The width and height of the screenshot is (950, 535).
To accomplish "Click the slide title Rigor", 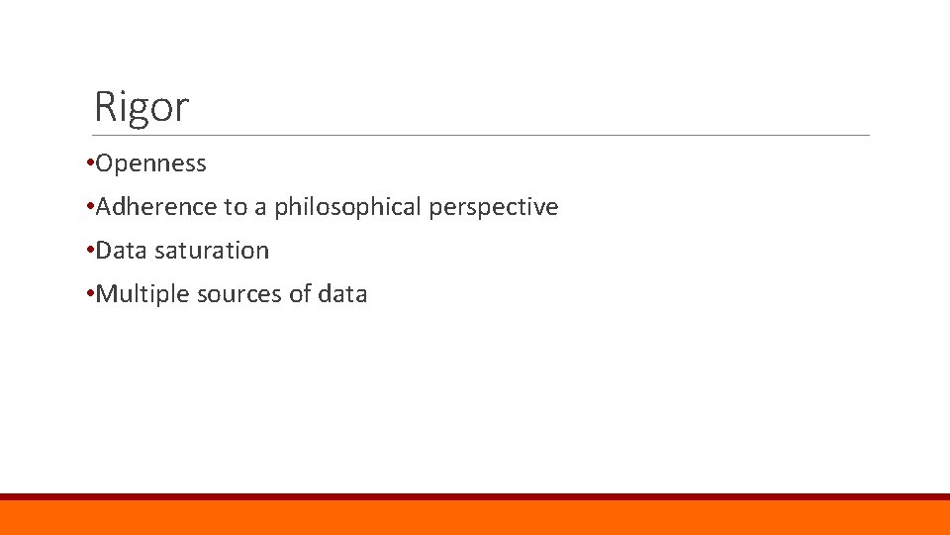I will coord(141,107).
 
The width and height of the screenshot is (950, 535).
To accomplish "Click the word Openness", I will coord(151,163).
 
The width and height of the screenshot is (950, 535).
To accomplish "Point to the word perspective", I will coord(494,207).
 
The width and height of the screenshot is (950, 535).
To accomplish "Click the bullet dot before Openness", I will coord(90,162).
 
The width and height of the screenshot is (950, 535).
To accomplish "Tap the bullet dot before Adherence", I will coord(90,206).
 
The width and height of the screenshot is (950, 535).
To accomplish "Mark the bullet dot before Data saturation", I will coord(90,250).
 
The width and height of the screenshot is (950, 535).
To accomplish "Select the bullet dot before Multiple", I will coord(90,293).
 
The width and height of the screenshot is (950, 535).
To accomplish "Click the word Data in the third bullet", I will coord(122,251).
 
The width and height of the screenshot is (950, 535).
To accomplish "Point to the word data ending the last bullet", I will coord(343,294).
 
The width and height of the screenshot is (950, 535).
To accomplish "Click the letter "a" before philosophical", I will coord(260,208).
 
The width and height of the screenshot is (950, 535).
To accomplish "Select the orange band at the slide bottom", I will coord(475,518).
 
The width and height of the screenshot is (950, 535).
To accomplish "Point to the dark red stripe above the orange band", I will coord(475,496).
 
